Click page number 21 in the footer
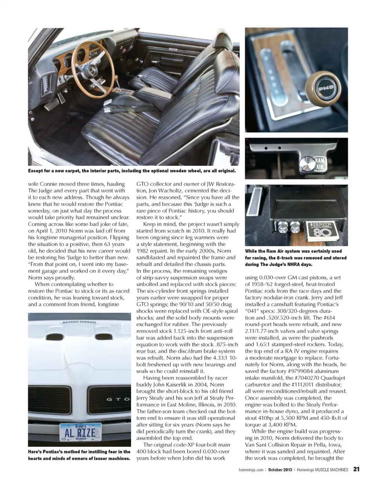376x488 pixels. point(356,469)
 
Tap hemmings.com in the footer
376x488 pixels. point(250,469)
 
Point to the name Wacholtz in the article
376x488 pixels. point(178,190)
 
